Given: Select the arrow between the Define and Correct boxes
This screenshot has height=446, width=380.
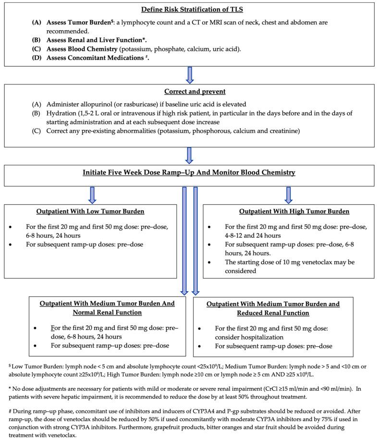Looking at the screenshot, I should click(189, 75).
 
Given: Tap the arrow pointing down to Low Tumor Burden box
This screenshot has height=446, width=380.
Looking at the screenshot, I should click(93, 194).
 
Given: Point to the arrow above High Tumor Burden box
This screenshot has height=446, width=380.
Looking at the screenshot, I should click(288, 194).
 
